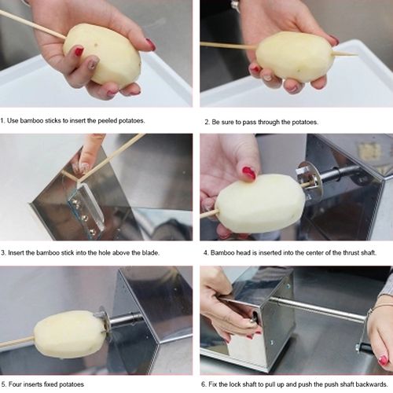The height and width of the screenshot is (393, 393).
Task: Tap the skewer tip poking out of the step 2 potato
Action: [x=347, y=53]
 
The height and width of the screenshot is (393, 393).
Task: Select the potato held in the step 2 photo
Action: [x=295, y=57]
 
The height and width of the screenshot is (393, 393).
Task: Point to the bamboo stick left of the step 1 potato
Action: [x=31, y=24]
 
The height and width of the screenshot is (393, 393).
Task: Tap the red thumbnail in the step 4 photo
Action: [x=249, y=173]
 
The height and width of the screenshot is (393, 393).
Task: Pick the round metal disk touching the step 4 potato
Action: [x=309, y=182]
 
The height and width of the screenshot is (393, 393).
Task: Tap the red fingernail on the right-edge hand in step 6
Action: [x=384, y=360]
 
